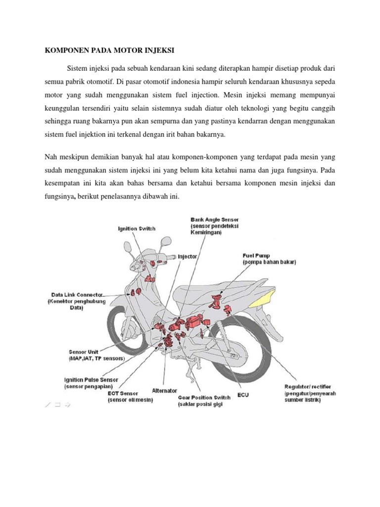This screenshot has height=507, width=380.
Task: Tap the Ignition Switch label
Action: click(137, 228)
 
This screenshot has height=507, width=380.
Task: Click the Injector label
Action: click(187, 257)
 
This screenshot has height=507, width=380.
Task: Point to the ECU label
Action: click(243, 395)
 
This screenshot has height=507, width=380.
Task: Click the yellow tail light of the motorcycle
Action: click(263, 298)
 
